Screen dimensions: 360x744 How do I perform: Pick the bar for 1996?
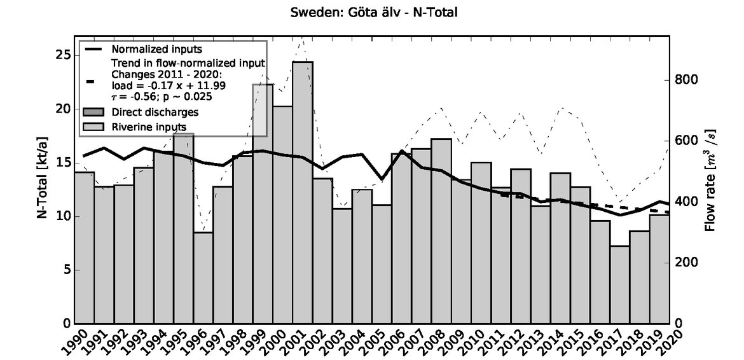click(x=203, y=277)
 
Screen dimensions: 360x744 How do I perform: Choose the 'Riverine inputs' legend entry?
click(x=148, y=127)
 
